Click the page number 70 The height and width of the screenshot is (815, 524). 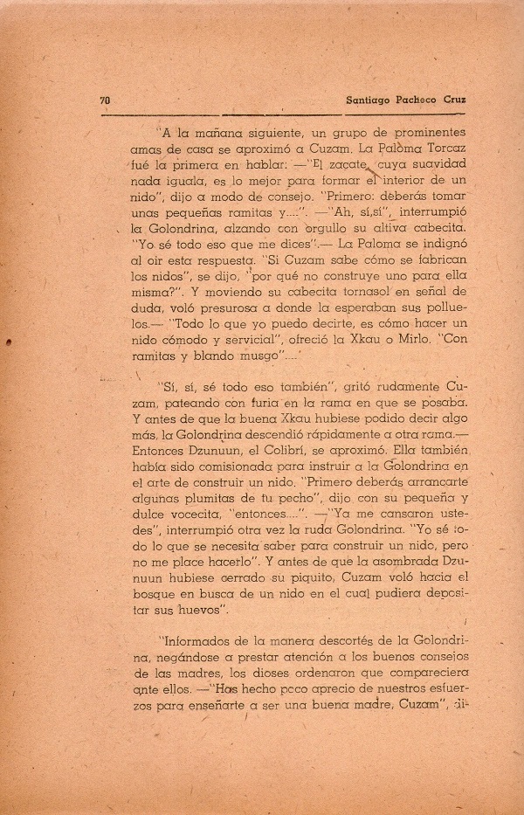105,100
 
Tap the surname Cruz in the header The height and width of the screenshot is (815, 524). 452,100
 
